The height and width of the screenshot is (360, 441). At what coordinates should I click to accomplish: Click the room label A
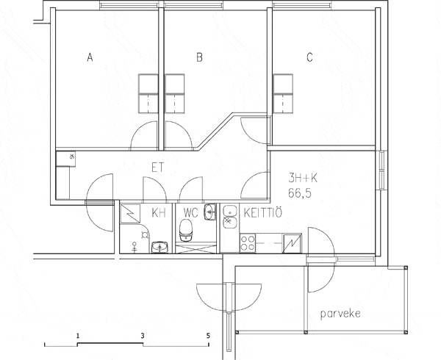coord(90,57)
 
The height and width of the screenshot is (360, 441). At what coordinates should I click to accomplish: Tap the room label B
coord(199,57)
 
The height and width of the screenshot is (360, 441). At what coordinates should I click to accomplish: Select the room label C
coord(309,57)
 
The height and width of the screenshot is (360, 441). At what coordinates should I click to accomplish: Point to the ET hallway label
coord(158,168)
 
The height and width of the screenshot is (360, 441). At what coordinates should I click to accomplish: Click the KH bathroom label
coord(159,213)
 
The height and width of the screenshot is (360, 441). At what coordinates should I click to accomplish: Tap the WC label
coord(190,213)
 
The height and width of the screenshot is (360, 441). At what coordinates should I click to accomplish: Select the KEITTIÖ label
coord(262,213)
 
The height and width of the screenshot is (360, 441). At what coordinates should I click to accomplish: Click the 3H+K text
coord(303,178)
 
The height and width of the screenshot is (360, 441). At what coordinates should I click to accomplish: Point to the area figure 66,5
coord(300,193)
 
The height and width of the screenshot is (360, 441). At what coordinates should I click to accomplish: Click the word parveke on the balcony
coord(340,314)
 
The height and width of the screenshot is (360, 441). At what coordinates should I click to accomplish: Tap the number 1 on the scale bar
coord(78,336)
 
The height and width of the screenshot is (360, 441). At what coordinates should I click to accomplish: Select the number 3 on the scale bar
coord(143,336)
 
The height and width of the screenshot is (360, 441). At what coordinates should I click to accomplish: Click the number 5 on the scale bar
coord(208,336)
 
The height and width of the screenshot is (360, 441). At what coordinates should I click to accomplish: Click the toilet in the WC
coord(186,231)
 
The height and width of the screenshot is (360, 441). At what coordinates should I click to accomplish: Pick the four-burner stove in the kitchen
coord(248,242)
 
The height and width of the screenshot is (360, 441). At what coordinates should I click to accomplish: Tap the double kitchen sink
coord(230,217)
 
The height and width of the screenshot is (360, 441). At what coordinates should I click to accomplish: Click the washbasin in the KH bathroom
coord(160,247)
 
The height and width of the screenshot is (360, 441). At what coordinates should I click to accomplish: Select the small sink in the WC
coord(209,212)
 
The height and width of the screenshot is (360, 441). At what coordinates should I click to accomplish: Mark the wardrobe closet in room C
coord(283,93)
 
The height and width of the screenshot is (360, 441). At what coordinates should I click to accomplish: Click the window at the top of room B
coord(193,5)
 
